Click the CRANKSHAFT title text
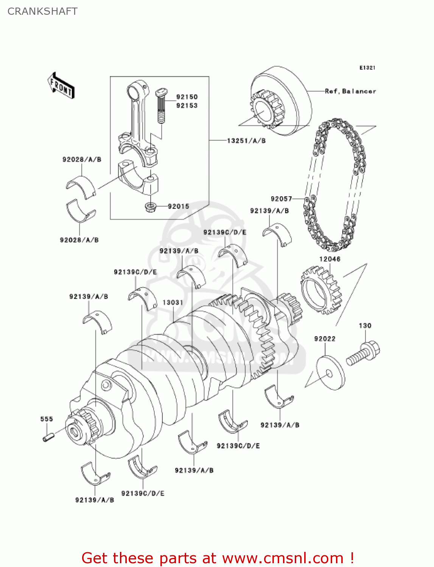42,11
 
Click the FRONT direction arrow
61,86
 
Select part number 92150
187,97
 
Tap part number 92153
187,105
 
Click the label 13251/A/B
246,141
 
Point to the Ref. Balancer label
350,91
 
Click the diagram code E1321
367,68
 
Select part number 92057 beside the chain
281,199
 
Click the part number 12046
330,259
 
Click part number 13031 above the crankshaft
173,302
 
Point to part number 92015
178,206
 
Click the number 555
47,419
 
